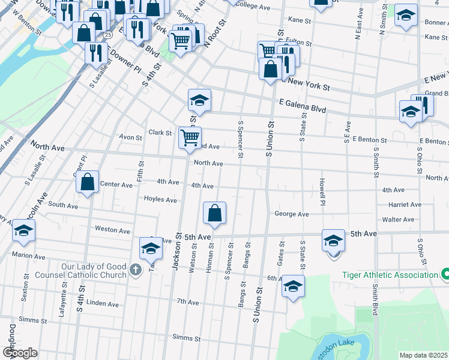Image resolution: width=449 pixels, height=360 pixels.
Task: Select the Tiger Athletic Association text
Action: [x=390, y=275]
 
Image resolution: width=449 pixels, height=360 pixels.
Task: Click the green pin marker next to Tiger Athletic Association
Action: [x=445, y=275]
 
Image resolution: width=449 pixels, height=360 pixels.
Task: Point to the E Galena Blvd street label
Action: [x=303, y=106]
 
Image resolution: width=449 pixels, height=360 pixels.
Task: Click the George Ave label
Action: [x=291, y=214]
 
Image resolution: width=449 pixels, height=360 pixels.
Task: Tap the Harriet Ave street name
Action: [x=405, y=205]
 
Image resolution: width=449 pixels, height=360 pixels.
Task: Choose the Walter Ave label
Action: [x=402, y=220]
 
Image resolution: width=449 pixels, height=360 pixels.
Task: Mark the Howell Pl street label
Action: [x=322, y=188]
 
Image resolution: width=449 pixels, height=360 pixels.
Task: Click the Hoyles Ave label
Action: [x=160, y=199]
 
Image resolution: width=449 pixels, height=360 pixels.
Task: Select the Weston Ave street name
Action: [x=112, y=230]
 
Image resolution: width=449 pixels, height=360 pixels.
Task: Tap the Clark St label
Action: [x=160, y=133]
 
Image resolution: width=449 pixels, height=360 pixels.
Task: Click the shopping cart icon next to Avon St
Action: [x=190, y=137]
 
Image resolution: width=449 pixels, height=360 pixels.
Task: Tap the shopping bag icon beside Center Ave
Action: [x=88, y=182]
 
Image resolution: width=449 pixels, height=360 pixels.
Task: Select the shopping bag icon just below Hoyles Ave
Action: [x=214, y=212]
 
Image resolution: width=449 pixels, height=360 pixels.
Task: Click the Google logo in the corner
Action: [x=20, y=353]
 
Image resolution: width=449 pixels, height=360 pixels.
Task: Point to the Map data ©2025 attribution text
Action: [x=423, y=355]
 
